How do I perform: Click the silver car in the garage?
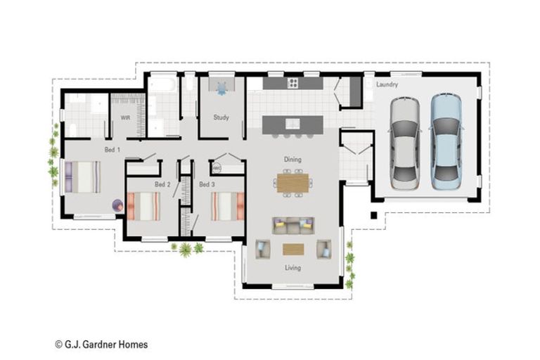click(x=404, y=143)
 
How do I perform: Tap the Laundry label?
click(x=387, y=85)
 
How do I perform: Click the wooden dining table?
click(x=293, y=183)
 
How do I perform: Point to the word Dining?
click(x=292, y=160)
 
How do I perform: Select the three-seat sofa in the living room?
click(x=293, y=225)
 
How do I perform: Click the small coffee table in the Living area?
click(x=293, y=249)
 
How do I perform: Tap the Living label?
click(x=292, y=268)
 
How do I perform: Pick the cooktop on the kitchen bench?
click(x=292, y=84)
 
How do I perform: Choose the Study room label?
click(x=221, y=117)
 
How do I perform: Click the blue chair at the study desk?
click(x=222, y=89)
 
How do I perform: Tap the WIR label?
click(x=125, y=117)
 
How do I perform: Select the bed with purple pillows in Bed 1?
click(x=82, y=177)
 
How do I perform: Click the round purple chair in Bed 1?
click(x=118, y=206)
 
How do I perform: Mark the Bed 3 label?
click(x=206, y=184)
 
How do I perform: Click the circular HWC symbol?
click(x=217, y=169)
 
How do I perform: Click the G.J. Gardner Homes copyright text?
click(x=101, y=345)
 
